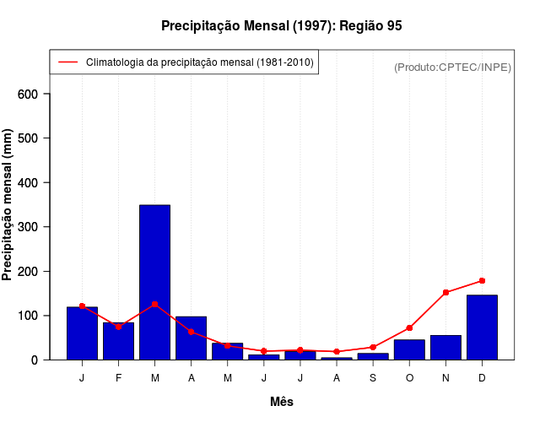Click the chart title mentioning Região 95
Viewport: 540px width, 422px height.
pos(281,26)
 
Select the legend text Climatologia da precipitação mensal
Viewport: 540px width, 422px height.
pos(200,62)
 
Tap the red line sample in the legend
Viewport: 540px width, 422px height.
pos(67,62)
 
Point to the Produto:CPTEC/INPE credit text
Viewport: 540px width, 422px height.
pos(452,67)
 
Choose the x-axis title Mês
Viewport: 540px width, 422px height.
pos(282,402)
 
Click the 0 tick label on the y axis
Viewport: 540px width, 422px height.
pos(35,360)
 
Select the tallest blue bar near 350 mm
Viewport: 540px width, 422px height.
pos(155,282)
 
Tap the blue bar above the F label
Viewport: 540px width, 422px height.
pos(119,341)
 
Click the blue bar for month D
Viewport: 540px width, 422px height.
pos(482,327)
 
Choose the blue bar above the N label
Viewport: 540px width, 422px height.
pos(445,347)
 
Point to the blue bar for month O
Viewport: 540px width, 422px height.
pos(409,349)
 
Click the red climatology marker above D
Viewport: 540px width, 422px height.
pos(482,280)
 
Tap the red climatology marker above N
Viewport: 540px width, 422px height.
pos(445,292)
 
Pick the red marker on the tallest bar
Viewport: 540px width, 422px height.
pos(155,304)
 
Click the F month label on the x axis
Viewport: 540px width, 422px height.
pos(119,377)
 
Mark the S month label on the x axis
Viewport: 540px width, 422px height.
pos(373,377)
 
